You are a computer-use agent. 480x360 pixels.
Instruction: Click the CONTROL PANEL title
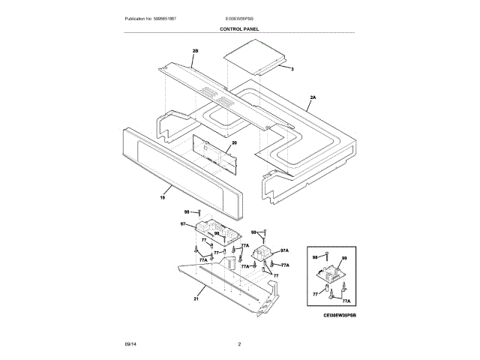pos(239,28)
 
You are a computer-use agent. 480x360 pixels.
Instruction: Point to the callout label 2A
pos(313,97)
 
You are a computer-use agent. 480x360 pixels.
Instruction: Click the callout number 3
pos(292,69)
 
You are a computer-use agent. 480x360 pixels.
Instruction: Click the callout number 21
pos(196,298)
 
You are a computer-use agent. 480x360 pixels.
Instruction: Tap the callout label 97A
pos(284,250)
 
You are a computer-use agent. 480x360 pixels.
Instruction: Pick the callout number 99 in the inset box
pos(344,259)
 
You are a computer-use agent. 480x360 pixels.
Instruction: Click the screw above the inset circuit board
pos(329,257)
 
